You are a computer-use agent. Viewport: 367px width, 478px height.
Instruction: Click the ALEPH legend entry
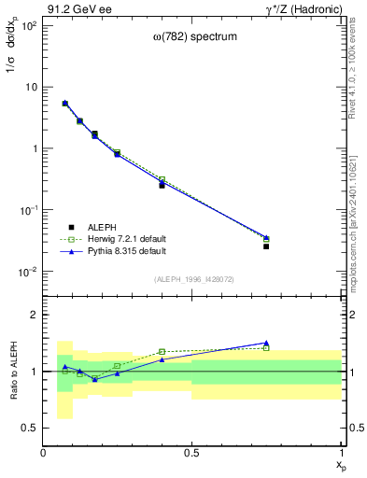(103, 227)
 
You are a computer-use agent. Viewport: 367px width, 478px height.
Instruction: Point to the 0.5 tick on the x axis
(191, 453)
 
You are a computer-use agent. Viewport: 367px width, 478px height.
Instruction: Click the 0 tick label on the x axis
(43, 453)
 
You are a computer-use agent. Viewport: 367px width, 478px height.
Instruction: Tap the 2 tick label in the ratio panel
(34, 315)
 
